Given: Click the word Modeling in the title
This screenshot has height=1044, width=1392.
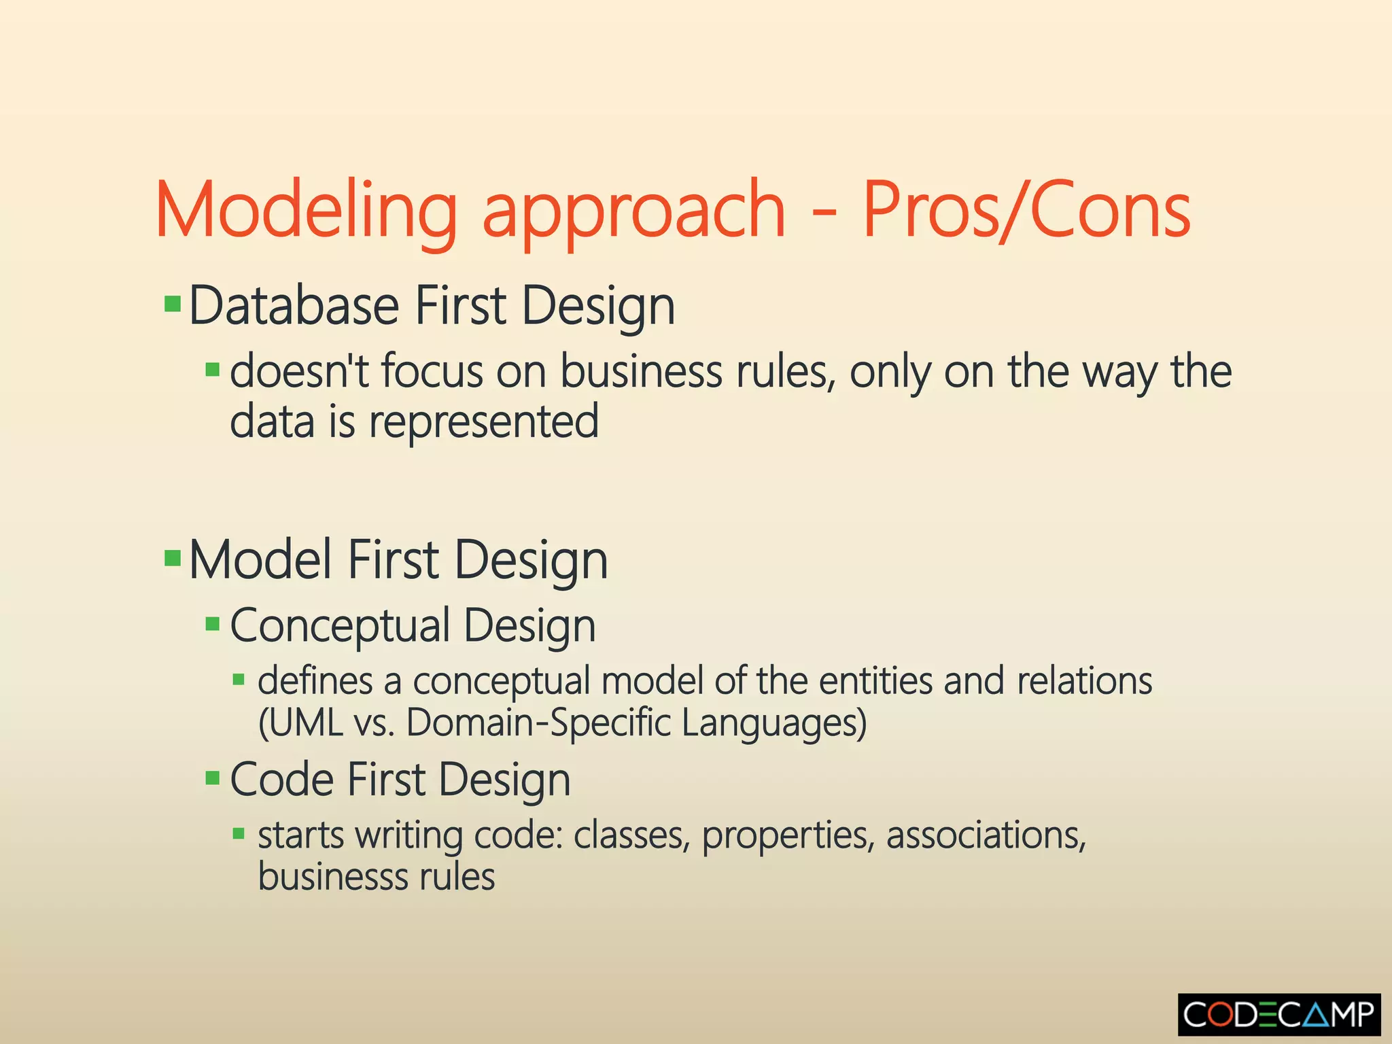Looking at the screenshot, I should point(307,211).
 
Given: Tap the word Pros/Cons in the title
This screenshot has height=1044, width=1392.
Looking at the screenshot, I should point(1026,211).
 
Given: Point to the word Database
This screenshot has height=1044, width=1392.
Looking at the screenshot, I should point(294,306).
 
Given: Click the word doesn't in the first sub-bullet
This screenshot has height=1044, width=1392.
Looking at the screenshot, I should point(299,372).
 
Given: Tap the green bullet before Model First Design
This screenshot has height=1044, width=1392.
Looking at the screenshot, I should point(173,559).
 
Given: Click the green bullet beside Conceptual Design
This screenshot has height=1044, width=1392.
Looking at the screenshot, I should point(213,624).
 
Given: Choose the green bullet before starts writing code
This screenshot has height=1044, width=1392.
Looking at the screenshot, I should point(238,833).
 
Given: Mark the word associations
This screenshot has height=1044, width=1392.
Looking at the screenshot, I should point(986,835).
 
